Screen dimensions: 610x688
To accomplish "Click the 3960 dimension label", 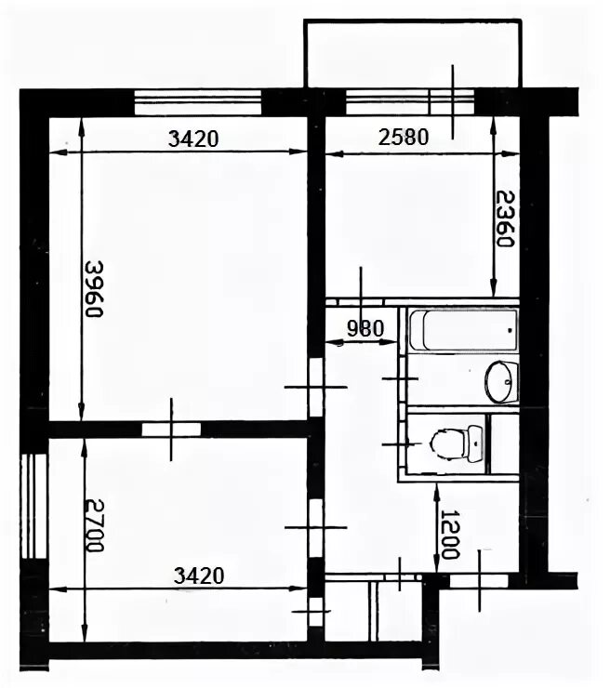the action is click(94, 289).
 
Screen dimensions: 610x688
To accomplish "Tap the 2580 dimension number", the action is click(404, 138).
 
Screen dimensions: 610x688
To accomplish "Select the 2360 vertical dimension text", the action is click(505, 218).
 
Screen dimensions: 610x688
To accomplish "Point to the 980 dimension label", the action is click(365, 328).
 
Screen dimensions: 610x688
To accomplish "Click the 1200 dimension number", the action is click(451, 534).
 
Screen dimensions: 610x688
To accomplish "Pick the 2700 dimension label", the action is click(95, 525).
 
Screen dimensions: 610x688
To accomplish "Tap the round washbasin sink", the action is click(501, 381).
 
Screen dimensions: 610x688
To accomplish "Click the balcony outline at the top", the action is click(413, 20).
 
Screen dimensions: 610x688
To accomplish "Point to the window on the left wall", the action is click(34, 506).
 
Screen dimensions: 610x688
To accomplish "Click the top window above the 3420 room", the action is click(197, 102).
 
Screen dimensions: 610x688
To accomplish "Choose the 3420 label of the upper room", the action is click(193, 139).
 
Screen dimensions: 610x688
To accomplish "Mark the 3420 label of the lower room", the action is click(199, 576).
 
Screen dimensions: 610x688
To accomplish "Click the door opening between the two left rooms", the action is click(171, 430).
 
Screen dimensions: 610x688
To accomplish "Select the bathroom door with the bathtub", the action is click(403, 377).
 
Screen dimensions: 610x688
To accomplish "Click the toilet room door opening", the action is click(403, 444).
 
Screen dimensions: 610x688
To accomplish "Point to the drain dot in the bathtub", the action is click(510, 330).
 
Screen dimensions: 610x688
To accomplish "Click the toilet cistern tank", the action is click(475, 443).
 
